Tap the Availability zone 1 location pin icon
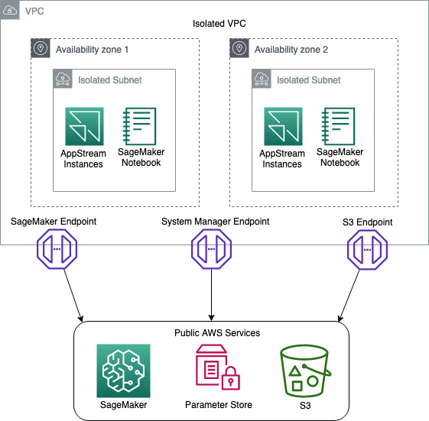(41, 49)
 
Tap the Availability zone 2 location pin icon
(239, 49)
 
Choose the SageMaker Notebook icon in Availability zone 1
(139, 125)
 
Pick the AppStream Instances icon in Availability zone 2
(283, 126)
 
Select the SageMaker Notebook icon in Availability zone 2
(340, 125)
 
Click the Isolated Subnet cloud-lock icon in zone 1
(63, 79)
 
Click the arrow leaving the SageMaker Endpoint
(68, 293)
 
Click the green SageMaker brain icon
(124, 370)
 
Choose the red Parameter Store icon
(219, 369)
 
